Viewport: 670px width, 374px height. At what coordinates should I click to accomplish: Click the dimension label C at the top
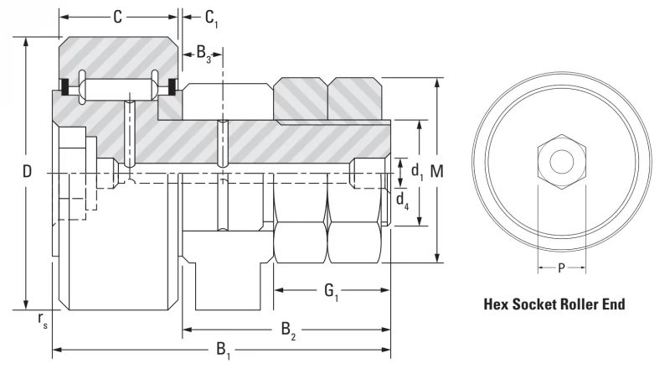[117, 17]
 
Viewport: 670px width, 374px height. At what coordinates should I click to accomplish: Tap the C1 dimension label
[212, 18]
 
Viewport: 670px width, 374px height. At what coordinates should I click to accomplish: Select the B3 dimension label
[204, 54]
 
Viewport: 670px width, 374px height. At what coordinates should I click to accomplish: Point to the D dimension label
[27, 172]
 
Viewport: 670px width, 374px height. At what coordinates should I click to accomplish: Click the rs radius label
[43, 320]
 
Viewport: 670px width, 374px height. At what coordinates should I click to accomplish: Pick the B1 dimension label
[223, 350]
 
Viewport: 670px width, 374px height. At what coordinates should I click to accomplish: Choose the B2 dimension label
[288, 330]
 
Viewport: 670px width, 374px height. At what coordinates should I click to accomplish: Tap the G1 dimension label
[331, 292]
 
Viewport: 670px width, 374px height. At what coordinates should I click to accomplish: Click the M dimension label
[436, 171]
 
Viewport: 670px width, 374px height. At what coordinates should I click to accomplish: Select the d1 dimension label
[417, 171]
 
